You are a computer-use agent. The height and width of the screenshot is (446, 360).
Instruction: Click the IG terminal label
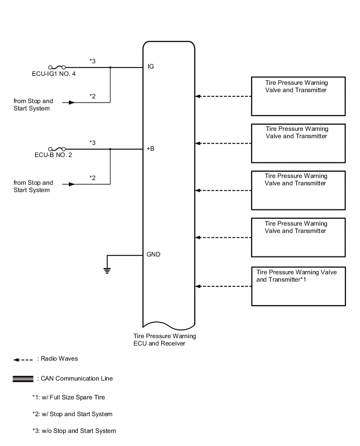pyautogui.click(x=151, y=67)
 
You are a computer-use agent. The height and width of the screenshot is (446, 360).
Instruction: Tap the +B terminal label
pyautogui.click(x=151, y=149)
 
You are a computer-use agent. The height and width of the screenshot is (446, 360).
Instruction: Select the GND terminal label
pyautogui.click(x=153, y=255)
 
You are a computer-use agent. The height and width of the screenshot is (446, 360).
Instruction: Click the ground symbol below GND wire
pyautogui.click(x=107, y=271)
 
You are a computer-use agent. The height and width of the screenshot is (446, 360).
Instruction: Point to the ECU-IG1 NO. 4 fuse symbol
pyautogui.click(x=56, y=67)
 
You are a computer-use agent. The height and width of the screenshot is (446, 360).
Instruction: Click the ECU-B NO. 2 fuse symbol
pyautogui.click(x=56, y=149)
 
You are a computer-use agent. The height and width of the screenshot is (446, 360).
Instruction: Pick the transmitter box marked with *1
pyautogui.click(x=298, y=286)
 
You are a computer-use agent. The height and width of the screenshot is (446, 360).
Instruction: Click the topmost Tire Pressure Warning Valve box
pyautogui.click(x=298, y=96)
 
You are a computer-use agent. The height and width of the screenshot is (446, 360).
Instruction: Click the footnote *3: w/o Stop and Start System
pyautogui.click(x=74, y=431)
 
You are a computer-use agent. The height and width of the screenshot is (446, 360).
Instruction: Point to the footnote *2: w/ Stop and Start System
pyautogui.click(x=72, y=414)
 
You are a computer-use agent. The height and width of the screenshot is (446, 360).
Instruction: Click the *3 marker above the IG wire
pyautogui.click(x=92, y=61)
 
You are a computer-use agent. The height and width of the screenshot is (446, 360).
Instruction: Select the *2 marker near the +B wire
pyautogui.click(x=92, y=178)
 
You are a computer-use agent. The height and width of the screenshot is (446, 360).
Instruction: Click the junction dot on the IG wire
pyautogui.click(x=110, y=67)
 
